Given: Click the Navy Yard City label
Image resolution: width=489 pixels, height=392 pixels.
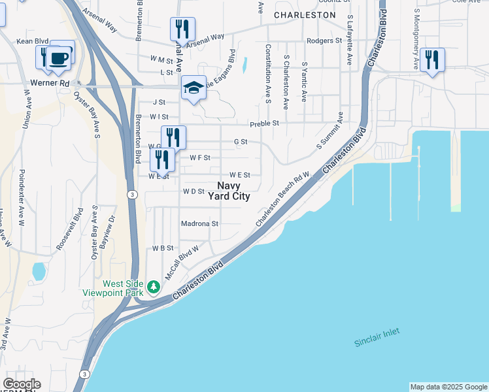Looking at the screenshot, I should point(229,191).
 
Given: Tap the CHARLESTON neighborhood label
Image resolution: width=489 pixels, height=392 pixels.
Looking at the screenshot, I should point(305,14).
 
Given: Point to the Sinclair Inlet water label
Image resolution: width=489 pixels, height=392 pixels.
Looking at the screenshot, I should point(377,337).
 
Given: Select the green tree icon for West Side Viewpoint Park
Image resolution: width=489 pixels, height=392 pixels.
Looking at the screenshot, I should point(154,286).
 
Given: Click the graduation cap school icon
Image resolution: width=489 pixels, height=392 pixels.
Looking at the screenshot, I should point(194,88).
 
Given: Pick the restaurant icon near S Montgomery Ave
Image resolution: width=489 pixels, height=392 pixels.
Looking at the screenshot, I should point(432,59).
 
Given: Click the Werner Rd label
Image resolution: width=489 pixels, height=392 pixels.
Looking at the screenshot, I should point(50,84).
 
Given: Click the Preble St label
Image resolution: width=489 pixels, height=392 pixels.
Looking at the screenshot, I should point(265,123).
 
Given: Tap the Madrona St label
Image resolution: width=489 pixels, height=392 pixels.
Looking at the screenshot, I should point(199,223).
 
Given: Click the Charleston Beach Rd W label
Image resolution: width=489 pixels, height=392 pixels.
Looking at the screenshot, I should point(282,199).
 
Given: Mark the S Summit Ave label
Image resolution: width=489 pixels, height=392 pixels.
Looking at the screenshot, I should point(331,131).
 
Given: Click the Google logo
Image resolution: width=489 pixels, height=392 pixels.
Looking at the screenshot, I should point(22,384).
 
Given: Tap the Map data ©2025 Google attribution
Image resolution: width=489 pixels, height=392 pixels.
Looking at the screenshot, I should point(448,387).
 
